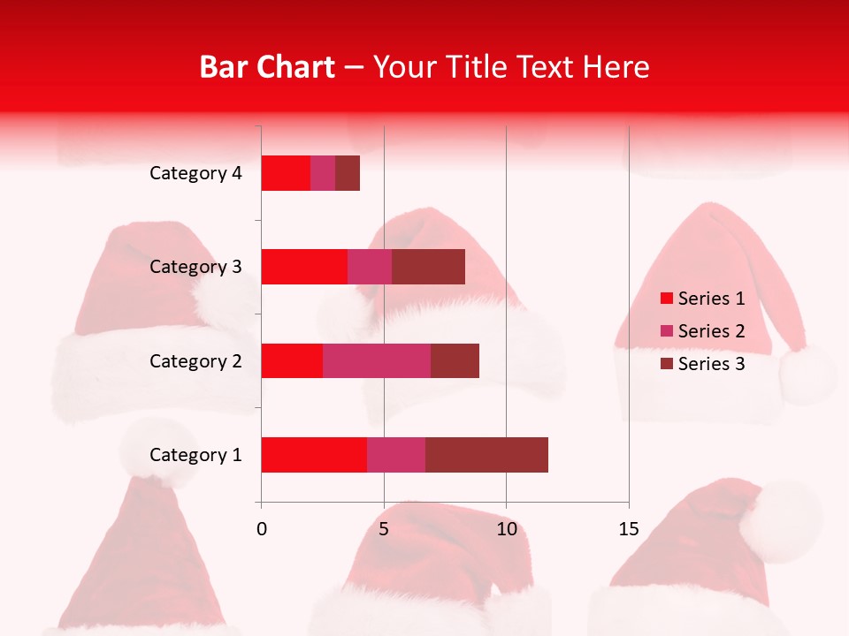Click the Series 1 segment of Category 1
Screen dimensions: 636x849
pos(314,455)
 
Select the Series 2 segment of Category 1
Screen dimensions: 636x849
pos(396,455)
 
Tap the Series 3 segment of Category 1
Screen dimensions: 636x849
pos(486,455)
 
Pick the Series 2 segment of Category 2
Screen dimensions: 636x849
pos(377,360)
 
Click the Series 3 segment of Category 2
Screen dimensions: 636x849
pos(455,360)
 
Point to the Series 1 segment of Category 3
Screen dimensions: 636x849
pos(304,267)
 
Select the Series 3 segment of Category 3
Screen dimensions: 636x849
pos(428,267)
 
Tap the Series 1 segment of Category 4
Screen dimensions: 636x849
pos(286,173)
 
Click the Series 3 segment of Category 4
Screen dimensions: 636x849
pos(348,173)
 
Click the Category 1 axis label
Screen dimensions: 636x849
pos(195,455)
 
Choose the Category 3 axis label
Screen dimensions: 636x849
pos(195,267)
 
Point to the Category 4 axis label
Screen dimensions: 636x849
pos(195,173)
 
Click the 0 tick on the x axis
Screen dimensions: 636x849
pos(262,529)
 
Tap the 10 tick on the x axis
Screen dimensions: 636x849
pos(506,529)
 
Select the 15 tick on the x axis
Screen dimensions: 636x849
pos(629,529)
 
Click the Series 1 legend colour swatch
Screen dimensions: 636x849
pos(667,299)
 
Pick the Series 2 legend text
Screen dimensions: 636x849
pos(711,331)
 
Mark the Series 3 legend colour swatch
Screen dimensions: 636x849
pos(667,364)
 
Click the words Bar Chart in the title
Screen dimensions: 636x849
pos(267,67)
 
